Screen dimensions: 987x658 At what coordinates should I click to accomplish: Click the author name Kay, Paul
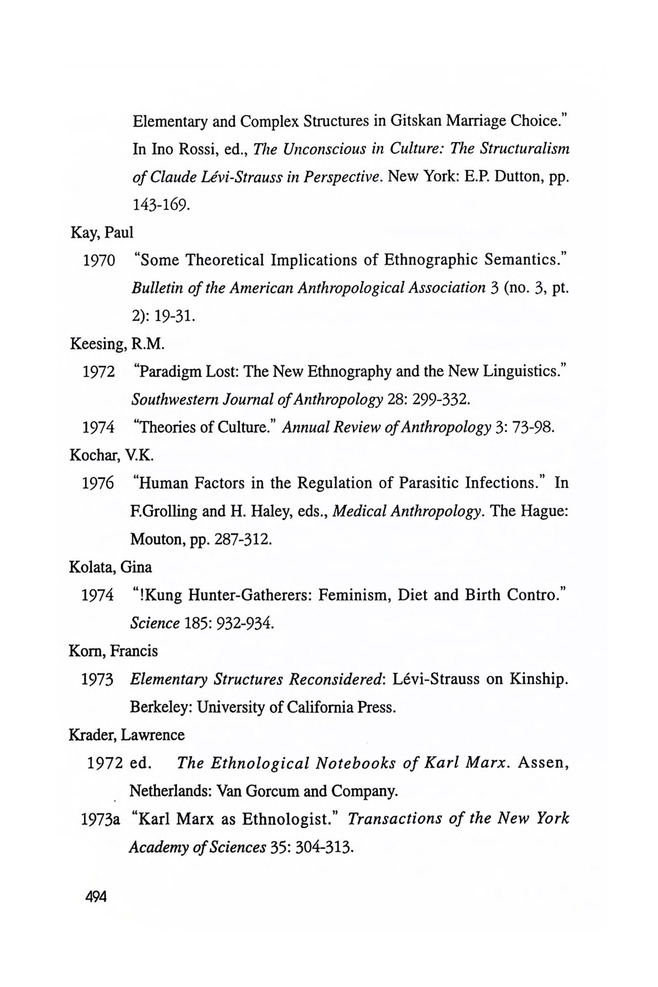(x=102, y=232)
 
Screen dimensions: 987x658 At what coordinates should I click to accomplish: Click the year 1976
(x=98, y=484)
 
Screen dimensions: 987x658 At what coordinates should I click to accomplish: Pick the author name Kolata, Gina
(x=111, y=567)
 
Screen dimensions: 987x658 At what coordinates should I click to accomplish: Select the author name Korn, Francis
(x=114, y=651)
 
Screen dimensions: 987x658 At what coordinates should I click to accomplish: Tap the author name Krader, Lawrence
(x=127, y=735)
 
